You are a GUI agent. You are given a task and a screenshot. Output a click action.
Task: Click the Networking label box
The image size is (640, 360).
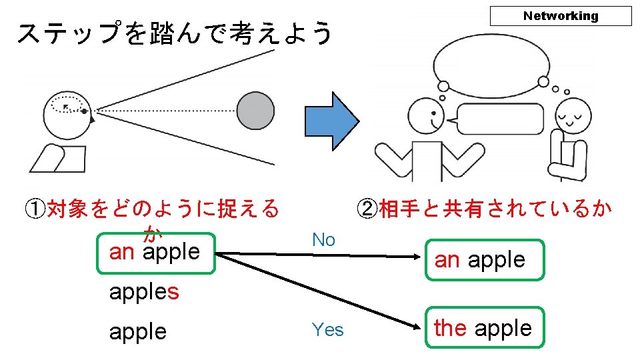[560, 16]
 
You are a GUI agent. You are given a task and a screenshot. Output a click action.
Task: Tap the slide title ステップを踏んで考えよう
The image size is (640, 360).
[175, 33]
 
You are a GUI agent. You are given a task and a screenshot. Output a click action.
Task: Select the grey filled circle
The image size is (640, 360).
[255, 111]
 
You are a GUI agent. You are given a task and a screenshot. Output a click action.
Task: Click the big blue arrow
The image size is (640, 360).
[331, 121]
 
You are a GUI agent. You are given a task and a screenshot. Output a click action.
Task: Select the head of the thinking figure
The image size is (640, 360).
[573, 115]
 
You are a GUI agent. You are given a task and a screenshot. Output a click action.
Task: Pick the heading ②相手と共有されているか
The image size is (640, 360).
[484, 209]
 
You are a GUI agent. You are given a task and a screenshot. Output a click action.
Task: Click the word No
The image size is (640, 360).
[323, 240]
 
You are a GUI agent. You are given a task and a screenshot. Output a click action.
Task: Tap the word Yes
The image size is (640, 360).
[327, 329]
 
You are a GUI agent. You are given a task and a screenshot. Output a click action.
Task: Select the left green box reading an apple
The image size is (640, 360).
[155, 253]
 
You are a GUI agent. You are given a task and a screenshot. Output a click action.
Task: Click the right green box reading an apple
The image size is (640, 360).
[485, 259]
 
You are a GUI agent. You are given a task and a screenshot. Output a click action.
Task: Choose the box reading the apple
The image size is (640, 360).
[485, 327]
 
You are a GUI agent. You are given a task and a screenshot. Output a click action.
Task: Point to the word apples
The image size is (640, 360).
[144, 291]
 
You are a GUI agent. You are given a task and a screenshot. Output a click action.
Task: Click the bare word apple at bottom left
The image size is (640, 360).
[138, 331]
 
